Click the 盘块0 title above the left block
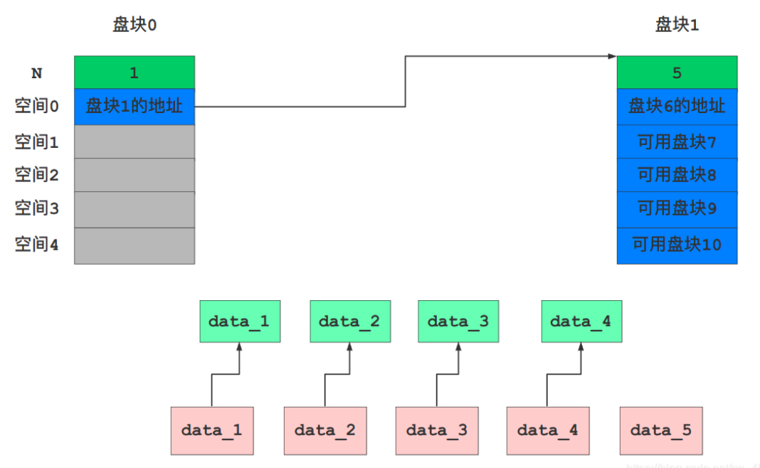[x=134, y=25]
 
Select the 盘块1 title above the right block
[x=677, y=25]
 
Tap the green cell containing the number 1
[x=134, y=73]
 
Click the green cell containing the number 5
[x=677, y=73]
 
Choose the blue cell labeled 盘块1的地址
[x=134, y=107]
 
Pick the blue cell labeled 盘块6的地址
[x=677, y=107]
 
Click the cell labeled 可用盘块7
[x=677, y=142]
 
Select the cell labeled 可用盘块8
[x=677, y=175]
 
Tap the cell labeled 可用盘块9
[x=677, y=208]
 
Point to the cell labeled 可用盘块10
[x=677, y=245]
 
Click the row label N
[x=36, y=73]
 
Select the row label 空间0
[x=36, y=107]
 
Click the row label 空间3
[x=36, y=208]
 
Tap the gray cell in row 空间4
[x=134, y=246]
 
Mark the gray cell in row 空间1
[x=134, y=142]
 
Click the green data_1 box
[x=239, y=321]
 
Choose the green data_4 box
[x=581, y=321]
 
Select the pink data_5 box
[x=660, y=430]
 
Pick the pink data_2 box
[x=325, y=430]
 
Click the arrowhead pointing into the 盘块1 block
[x=612, y=56]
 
